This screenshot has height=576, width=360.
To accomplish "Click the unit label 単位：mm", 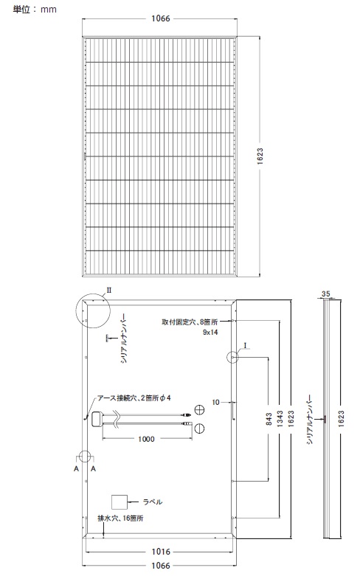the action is pos(35,9).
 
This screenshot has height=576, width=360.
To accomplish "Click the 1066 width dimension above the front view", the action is pos(161,18).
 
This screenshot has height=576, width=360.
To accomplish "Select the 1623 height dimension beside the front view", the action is pos(260,156).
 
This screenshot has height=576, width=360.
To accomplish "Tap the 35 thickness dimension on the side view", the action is pos(326,294).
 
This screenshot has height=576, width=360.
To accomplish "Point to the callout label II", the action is pos(109,291).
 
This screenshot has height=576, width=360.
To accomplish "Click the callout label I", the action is pos(245,345).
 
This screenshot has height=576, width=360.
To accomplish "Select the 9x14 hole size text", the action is pos(210,332).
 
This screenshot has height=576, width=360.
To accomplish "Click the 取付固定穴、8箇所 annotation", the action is pos(190,322).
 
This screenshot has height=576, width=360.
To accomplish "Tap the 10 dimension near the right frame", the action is pos(215,402).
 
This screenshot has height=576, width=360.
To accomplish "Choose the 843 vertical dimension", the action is pos(269,419).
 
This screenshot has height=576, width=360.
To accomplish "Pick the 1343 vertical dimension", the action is pos(280,419).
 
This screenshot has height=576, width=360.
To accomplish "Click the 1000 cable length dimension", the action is pos(146,439).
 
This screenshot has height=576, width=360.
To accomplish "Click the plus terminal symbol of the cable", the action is pos(199,409).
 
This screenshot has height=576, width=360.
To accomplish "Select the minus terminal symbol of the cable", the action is pos(199,428).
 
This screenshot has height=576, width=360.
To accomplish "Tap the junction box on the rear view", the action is pos(97,419).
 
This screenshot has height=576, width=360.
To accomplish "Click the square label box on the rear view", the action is pos(120,502).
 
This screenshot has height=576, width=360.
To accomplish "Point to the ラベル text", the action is pos(152,502).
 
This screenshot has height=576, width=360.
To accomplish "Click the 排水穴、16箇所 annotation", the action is pos(120,518).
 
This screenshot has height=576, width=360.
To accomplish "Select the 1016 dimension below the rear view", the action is pos(161,552).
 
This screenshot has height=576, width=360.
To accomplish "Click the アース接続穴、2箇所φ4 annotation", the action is pos(134,398).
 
